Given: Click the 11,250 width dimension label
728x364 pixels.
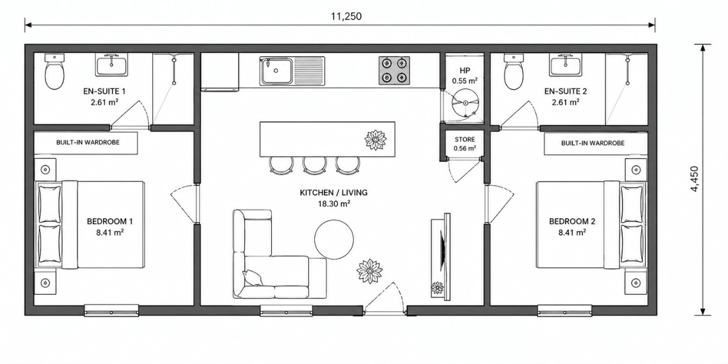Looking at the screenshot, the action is (x=346, y=16).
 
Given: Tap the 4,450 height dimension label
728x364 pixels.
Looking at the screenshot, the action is (x=694, y=179).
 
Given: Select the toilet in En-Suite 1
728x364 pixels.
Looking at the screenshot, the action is (x=54, y=72).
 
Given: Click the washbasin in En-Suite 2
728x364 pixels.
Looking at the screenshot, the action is (x=566, y=66).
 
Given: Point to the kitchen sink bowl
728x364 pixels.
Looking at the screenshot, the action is (x=276, y=71).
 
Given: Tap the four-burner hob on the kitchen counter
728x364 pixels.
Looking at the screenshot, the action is (x=394, y=70).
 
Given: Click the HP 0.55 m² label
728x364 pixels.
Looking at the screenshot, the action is (x=465, y=76).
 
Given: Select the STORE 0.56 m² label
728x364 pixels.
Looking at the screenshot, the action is (x=465, y=144).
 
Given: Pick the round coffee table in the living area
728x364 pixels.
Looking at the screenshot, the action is (x=334, y=240).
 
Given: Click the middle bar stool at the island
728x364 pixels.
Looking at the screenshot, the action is (x=314, y=165).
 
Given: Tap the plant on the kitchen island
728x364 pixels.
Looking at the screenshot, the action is (x=376, y=140).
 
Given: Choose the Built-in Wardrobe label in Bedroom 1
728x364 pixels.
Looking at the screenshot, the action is (x=88, y=143).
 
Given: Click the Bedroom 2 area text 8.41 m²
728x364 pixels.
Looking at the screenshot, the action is (x=572, y=233).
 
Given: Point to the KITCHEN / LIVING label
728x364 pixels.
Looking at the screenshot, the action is (x=334, y=192).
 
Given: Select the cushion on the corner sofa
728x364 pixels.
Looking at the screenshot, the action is (x=252, y=278).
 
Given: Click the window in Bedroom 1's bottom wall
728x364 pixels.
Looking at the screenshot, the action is (x=112, y=311).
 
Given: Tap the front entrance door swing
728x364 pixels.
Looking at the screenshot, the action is (x=383, y=297).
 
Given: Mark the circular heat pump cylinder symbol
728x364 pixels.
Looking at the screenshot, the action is (x=465, y=103).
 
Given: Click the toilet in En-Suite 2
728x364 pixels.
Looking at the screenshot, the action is (x=514, y=72).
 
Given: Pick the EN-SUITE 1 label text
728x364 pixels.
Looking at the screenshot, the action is (x=104, y=92).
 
